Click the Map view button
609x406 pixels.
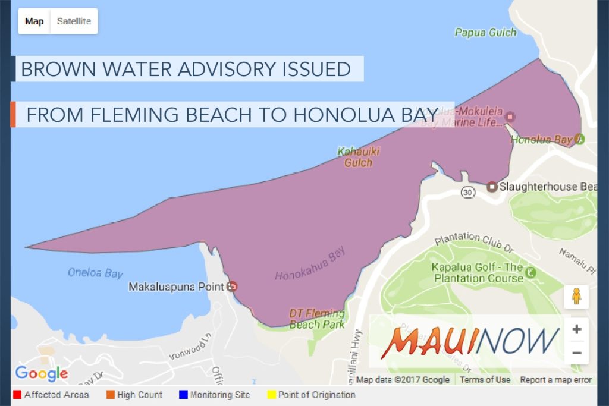34,21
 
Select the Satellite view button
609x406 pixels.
74,21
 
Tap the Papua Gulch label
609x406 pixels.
485,32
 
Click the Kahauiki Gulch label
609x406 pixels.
358,157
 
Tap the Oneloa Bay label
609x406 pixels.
95,273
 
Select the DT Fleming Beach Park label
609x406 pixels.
317,319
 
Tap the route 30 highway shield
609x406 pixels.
467,192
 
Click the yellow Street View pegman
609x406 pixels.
576,297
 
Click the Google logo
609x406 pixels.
42,373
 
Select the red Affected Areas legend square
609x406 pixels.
17,395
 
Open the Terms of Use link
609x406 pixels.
485,380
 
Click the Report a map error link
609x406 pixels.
555,380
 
